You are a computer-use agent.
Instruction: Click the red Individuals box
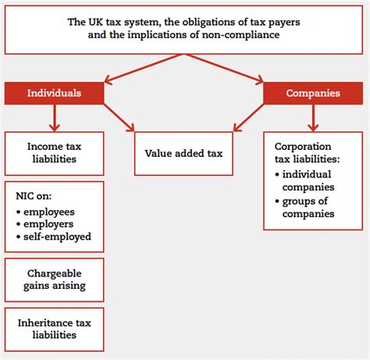pos(54,93)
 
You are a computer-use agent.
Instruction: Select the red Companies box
pos(313,93)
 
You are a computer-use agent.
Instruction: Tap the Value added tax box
pos(183,154)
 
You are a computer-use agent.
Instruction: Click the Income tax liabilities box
pos(54,154)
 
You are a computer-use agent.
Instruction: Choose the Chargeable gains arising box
pos(54,280)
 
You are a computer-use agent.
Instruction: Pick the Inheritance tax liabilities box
pos(54,330)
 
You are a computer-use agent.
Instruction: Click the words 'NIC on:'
pos(34,196)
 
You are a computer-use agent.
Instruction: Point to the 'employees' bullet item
pos(45,212)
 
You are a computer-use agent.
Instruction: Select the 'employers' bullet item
pos(44,224)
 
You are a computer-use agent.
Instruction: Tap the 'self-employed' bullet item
pos(54,237)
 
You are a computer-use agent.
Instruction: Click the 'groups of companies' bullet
pos(304,208)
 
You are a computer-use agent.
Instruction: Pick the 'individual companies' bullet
pos(304,180)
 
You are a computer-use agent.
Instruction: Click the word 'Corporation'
pos(303,147)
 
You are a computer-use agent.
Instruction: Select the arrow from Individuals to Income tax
pos(55,118)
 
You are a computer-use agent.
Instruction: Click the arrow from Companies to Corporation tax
pos(313,118)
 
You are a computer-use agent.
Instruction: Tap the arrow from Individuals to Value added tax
pos(119,118)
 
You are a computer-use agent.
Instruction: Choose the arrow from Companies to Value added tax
pos(248,118)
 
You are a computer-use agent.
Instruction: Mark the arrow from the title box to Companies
pos(223,69)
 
